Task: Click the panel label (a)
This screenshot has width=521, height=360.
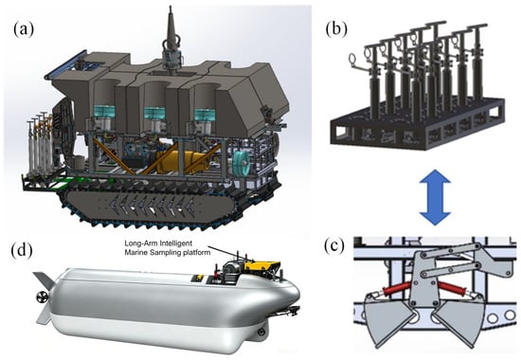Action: (x=24, y=29)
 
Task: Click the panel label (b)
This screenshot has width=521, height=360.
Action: (x=336, y=29)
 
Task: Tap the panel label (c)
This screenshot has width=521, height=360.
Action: (x=334, y=246)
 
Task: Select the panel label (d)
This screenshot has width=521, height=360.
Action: (x=22, y=251)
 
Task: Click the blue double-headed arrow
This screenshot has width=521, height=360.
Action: (x=435, y=197)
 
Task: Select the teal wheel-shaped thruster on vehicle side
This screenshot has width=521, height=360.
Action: (x=242, y=163)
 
